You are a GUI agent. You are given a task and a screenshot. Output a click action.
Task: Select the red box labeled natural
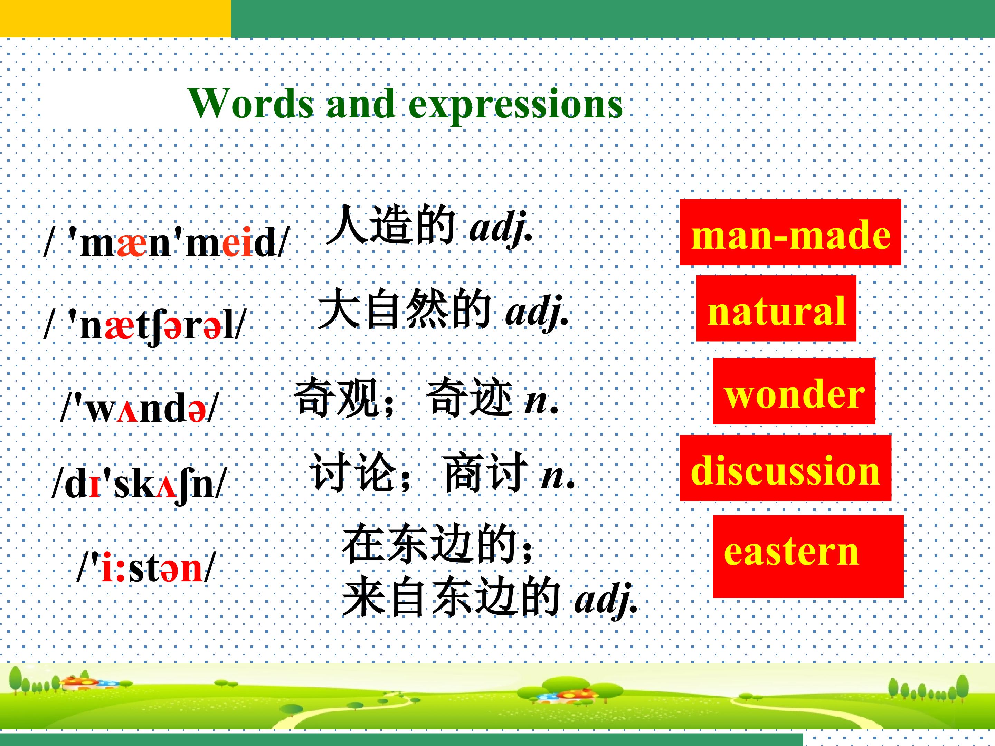776,308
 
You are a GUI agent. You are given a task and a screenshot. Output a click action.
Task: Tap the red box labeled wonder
794,391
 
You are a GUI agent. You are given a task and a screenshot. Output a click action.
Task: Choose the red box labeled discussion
785,468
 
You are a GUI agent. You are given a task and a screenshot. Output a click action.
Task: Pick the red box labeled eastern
808,556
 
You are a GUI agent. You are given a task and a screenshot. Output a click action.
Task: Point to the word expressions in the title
515,106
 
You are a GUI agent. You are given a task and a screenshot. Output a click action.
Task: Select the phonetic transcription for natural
145,326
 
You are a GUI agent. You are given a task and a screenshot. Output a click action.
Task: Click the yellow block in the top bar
116,18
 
